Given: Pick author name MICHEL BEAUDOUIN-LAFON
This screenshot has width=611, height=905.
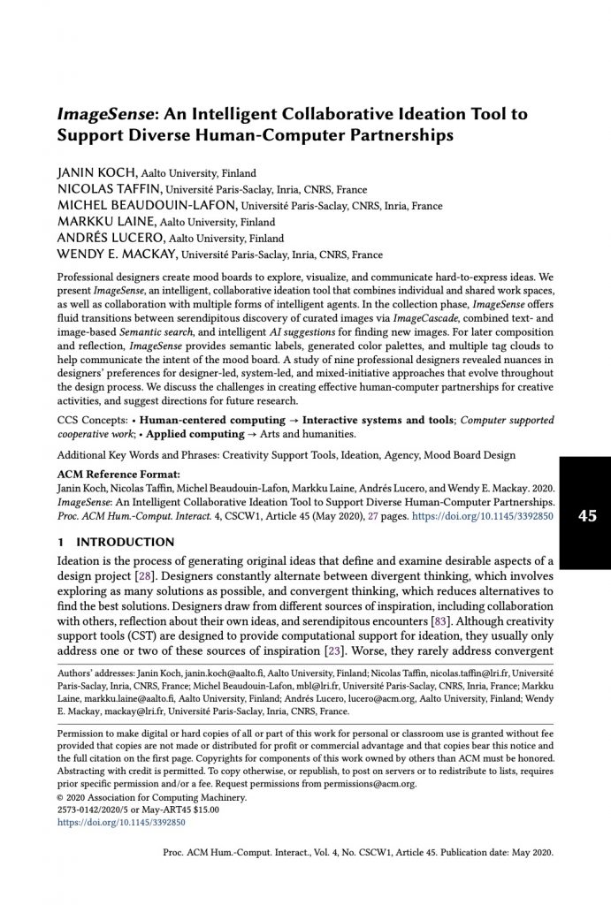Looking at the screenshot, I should coord(141,206).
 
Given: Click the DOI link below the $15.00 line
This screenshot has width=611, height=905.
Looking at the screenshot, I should coord(121,822).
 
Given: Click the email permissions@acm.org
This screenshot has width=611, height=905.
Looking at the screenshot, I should coord(372,783).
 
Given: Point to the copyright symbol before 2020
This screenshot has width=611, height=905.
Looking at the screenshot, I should coord(60,796).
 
